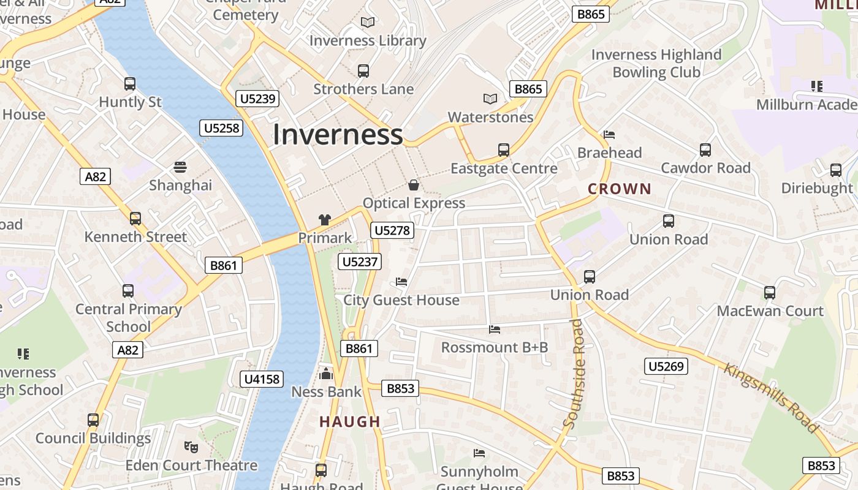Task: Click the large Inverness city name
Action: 338,134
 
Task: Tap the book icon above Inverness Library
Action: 367,23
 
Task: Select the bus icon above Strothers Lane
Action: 363,71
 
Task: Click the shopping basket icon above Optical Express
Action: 414,185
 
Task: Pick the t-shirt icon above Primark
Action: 325,220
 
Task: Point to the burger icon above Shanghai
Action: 180,167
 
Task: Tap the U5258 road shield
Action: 222,128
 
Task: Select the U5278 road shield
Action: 392,230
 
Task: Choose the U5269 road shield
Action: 666,366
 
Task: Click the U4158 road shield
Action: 262,379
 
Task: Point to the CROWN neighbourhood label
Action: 620,189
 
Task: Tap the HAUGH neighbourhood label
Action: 350,421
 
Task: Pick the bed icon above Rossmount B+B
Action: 495,330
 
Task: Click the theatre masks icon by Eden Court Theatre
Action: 191,447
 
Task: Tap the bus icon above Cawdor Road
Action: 705,150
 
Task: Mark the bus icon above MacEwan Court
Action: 770,293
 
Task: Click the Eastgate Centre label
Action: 504,168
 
